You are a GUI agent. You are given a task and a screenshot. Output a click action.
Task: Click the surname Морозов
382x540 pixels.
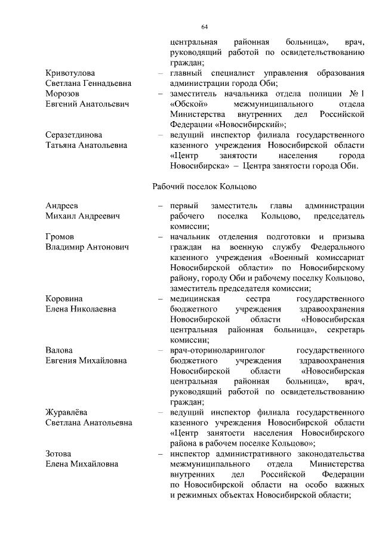click(x=64, y=94)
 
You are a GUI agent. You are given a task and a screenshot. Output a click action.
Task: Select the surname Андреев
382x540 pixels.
click(x=63, y=206)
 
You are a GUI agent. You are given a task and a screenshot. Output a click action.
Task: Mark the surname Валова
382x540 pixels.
click(x=59, y=350)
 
